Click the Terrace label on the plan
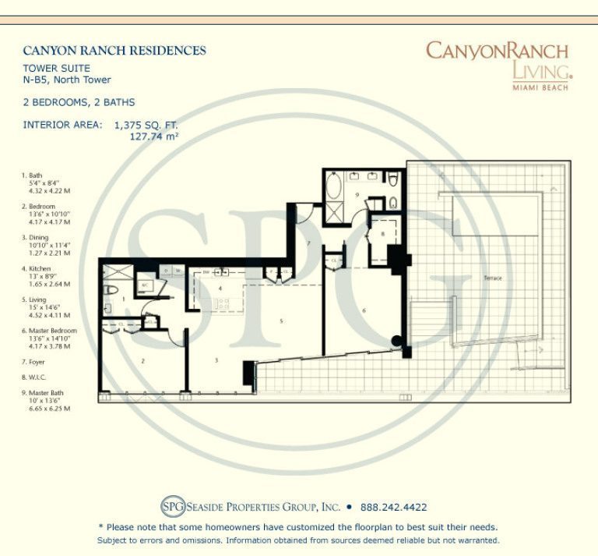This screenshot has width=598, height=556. pos(492,278)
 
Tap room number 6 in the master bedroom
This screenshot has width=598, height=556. pos(364,310)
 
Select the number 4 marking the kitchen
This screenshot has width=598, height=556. pos(221,289)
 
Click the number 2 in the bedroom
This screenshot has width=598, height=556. pos(143,361)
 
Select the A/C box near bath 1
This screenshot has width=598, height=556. pos(145,285)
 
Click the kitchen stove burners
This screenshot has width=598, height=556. pos(222,272)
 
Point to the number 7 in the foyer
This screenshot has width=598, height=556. pos(309,244)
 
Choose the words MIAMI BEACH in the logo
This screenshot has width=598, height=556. pos(539,87)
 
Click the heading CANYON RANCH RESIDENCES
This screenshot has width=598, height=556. pos(114,51)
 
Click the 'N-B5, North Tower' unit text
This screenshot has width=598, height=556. pos(67,80)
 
